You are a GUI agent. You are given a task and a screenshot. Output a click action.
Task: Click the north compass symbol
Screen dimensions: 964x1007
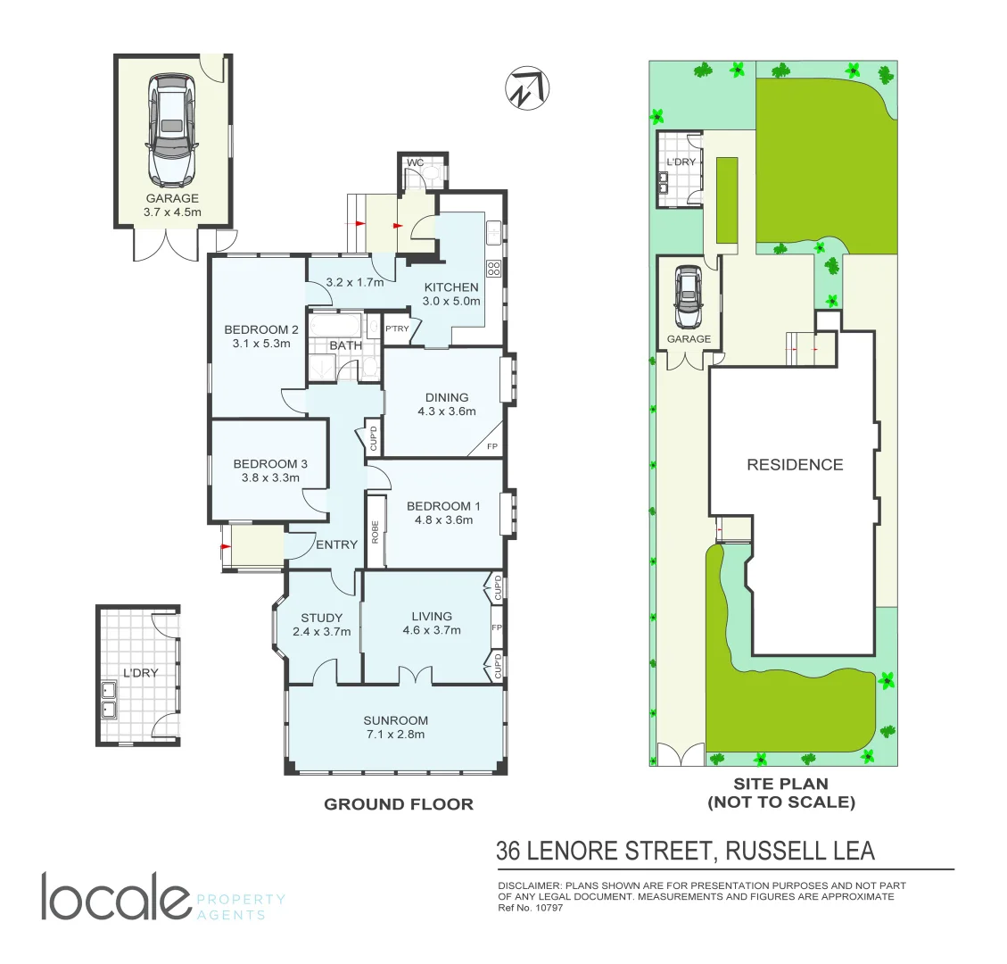[x=527, y=88]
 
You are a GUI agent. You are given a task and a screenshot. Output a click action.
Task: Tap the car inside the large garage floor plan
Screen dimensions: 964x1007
[x=172, y=129]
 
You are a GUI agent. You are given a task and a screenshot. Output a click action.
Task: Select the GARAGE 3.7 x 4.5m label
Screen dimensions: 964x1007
[x=172, y=205]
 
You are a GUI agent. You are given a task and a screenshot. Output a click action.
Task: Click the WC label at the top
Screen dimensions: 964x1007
[x=414, y=163]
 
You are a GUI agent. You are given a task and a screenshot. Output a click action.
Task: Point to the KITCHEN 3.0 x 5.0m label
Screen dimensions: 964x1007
[x=451, y=294]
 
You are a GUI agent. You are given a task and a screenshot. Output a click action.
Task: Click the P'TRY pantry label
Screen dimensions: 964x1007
[x=397, y=329]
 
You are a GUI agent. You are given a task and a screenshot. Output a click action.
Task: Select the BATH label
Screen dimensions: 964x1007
[x=345, y=345]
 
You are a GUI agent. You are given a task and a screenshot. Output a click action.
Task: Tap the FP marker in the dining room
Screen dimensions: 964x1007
[x=491, y=446]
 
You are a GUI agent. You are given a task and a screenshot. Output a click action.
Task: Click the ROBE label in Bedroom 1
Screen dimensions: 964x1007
[x=375, y=532]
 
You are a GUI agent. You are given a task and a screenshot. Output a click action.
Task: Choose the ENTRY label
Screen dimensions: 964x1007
[x=336, y=544]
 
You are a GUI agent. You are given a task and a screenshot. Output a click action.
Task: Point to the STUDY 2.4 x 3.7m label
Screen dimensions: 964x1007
[x=321, y=624]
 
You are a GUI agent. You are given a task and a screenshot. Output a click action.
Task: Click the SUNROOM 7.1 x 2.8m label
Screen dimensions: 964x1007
[x=395, y=727]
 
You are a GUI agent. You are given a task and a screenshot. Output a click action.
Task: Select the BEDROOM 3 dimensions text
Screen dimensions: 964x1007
[x=270, y=478]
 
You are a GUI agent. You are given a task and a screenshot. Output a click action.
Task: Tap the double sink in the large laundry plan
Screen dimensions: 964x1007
[x=110, y=700]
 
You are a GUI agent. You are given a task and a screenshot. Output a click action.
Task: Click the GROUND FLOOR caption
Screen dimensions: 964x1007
[x=398, y=804]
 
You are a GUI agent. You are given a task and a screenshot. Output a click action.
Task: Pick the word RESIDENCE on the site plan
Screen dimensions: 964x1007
[x=795, y=464]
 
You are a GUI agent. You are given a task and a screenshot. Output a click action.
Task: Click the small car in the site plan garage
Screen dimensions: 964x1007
[x=688, y=297]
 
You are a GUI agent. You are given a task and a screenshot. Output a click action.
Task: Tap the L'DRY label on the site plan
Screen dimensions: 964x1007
[x=681, y=162]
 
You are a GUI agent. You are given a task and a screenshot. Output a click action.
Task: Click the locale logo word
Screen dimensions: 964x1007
[x=115, y=897]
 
